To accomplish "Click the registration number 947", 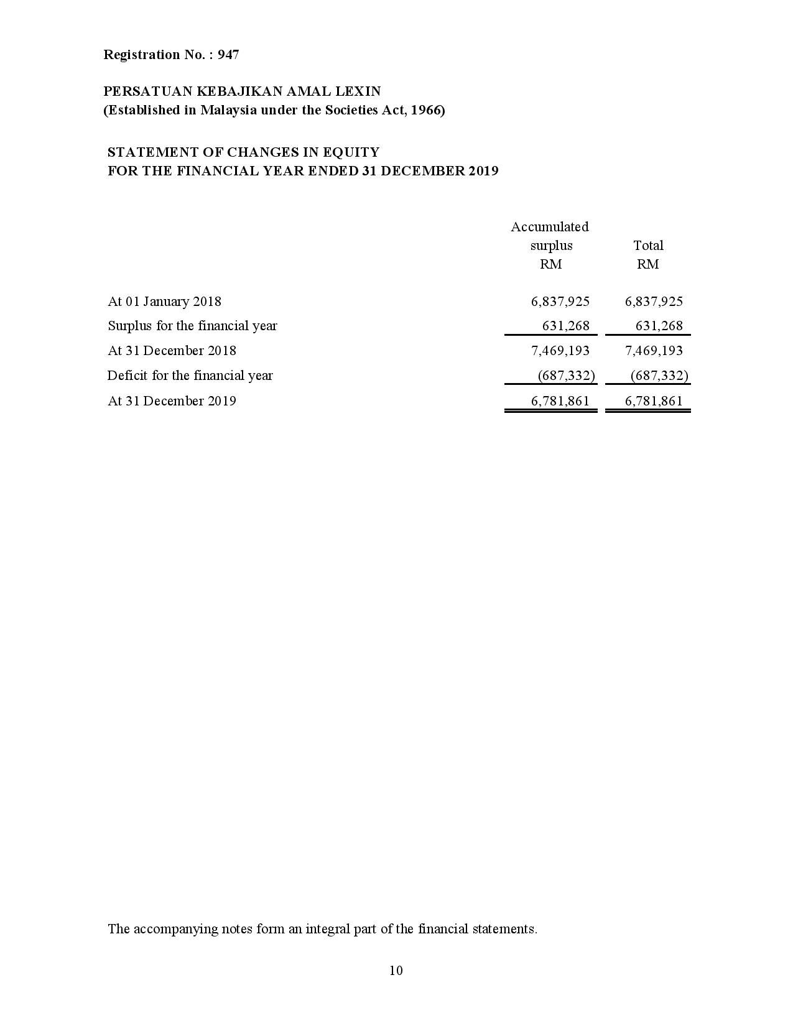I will point(228,55).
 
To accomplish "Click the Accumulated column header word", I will point(549,227).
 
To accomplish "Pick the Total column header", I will point(648,246).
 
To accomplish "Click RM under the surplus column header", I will point(550,264).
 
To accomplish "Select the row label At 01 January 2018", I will point(164,302).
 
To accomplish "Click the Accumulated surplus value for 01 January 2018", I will point(560,302).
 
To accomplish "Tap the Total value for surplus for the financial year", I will point(659,326).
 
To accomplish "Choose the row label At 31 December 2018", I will point(172,351).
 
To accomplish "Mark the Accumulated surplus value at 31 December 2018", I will point(560,351).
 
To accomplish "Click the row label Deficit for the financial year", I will point(190,376).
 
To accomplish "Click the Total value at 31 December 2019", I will point(654,401).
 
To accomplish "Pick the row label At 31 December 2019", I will point(172,401).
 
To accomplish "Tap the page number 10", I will point(396,971).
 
